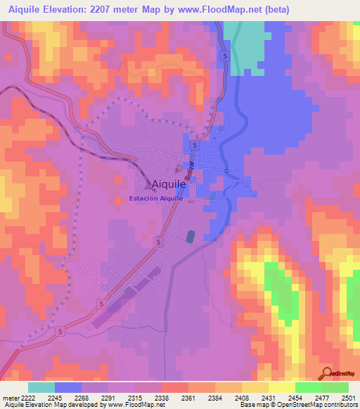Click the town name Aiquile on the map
168,184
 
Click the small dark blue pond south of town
191,237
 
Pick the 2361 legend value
174,398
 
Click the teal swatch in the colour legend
41,387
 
